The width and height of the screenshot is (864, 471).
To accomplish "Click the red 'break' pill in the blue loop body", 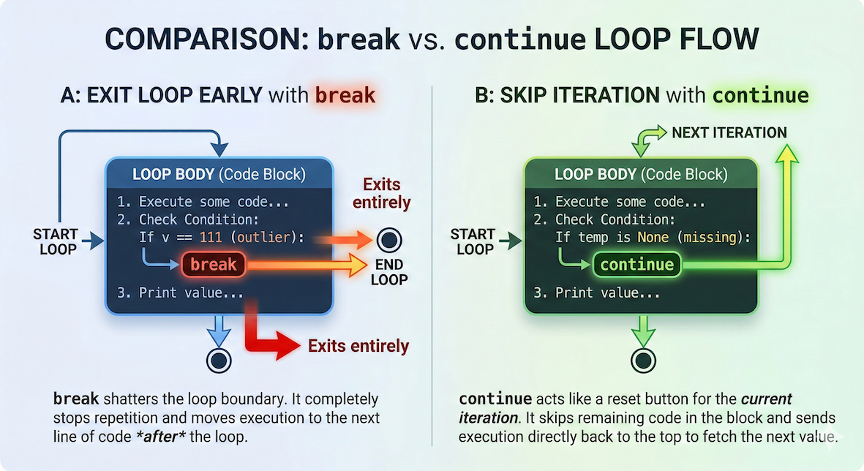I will pyautogui.click(x=214, y=264).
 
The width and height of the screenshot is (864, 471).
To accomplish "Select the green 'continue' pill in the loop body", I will pyautogui.click(x=636, y=264).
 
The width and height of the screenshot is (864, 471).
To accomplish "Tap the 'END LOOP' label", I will pyautogui.click(x=388, y=272).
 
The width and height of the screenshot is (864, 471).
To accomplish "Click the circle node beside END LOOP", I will pyautogui.click(x=388, y=240).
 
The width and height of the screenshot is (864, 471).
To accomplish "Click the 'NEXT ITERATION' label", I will pyautogui.click(x=729, y=132).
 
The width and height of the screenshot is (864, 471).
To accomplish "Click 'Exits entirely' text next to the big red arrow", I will pyautogui.click(x=358, y=346).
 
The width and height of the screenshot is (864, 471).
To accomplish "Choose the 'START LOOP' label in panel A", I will pyautogui.click(x=56, y=242).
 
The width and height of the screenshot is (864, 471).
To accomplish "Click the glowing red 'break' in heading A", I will pyautogui.click(x=345, y=95).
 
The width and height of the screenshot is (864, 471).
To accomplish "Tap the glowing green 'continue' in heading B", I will pyautogui.click(x=761, y=95).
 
